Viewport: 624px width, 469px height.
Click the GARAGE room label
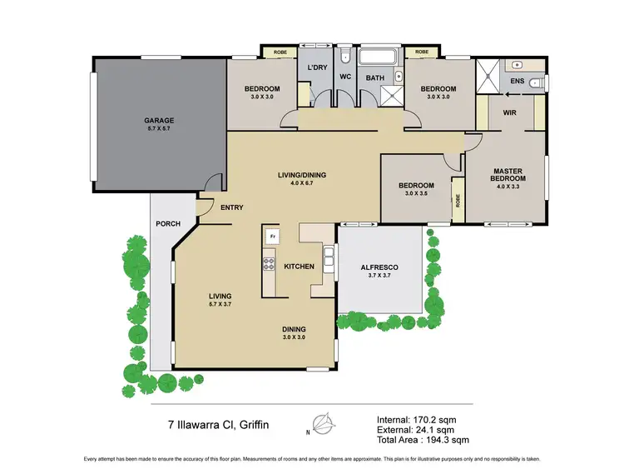[x=160, y=120]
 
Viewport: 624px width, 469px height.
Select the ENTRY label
[x=232, y=207]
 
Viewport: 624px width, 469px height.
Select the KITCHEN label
[x=300, y=267]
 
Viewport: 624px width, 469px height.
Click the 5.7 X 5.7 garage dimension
[x=160, y=130]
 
